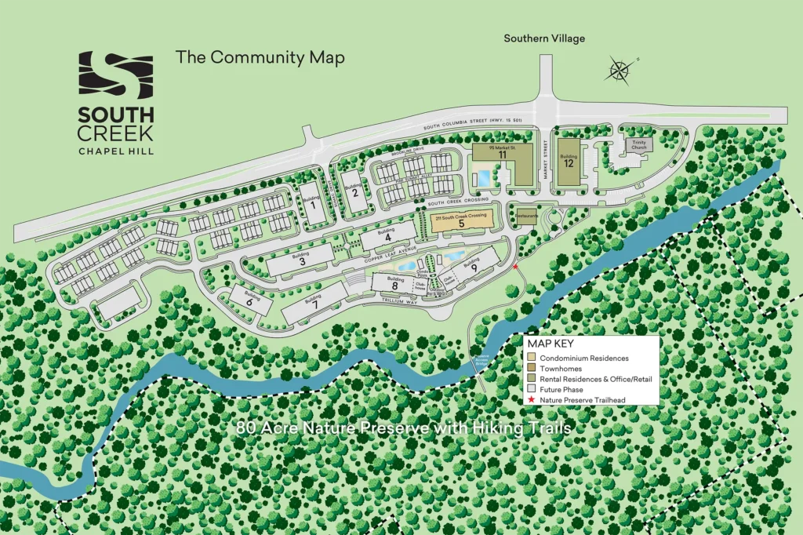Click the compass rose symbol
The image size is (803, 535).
pyautogui.click(x=620, y=71)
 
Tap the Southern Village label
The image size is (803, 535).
pyautogui.click(x=544, y=38)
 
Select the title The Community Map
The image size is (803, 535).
pyautogui.click(x=260, y=57)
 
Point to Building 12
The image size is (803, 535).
pyautogui.click(x=569, y=161)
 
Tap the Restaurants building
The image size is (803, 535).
pyautogui.click(x=525, y=212)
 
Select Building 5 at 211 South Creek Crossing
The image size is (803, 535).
pyautogui.click(x=461, y=222)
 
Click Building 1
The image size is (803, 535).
pyautogui.click(x=312, y=205)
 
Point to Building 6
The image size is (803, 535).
pyautogui.click(x=248, y=299)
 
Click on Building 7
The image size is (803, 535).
pyautogui.click(x=314, y=304)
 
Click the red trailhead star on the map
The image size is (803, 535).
pyautogui.click(x=515, y=268)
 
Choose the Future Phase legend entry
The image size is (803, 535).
pyautogui.click(x=561, y=389)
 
